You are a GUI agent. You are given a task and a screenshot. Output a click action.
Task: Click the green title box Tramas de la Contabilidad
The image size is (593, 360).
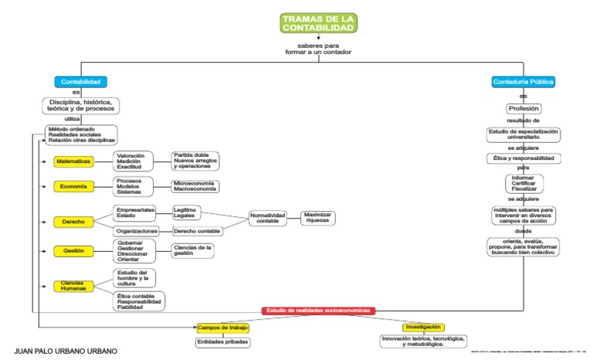point(318,23)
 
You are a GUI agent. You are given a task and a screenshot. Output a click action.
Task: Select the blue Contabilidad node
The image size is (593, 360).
point(80,82)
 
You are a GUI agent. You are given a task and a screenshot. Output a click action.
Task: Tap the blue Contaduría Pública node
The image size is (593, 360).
point(524,82)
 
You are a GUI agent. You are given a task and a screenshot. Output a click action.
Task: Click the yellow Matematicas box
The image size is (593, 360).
point(73,161)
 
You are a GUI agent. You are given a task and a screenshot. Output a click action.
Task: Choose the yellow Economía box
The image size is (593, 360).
point(73,186)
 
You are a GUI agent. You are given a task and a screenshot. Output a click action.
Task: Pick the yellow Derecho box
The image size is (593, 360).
point(73,222)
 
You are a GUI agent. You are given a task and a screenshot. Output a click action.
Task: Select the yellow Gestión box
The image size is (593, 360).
point(73,251)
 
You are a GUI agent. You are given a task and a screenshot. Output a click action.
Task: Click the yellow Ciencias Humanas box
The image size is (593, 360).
point(73,286)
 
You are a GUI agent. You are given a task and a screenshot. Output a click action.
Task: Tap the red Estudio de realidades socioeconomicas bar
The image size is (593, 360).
point(319,311)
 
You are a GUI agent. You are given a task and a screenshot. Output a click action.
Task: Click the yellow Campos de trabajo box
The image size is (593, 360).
point(222,328)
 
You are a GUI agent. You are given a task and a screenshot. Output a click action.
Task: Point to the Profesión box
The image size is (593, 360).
point(524,109)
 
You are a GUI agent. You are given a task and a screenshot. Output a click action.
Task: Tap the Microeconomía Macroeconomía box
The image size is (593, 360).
point(195,186)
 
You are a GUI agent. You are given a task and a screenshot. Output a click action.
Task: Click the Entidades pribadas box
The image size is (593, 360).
point(222,342)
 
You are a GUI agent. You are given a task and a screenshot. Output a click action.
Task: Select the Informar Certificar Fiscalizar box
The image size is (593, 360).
point(524,183)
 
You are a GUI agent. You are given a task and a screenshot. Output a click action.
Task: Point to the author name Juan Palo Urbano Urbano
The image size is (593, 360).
point(66,352)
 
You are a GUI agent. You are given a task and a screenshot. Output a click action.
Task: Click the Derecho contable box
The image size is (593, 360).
point(197,230)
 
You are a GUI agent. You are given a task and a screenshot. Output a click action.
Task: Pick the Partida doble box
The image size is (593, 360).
point(195,160)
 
